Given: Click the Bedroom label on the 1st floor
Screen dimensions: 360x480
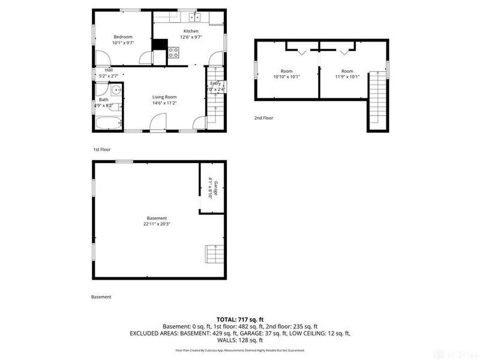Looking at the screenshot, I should click(x=122, y=37).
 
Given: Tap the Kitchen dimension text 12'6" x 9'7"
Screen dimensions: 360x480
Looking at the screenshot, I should click(x=191, y=37).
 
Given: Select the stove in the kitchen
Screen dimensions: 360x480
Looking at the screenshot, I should click(x=173, y=52).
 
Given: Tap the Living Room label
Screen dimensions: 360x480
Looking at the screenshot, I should click(x=164, y=97).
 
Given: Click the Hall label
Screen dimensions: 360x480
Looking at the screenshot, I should click(x=109, y=70).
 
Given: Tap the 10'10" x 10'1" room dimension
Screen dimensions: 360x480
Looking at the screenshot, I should click(x=286, y=77).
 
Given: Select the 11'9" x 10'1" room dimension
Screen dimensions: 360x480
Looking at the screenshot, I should click(x=347, y=77).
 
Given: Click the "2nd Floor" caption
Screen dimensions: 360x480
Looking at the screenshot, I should click(x=263, y=118).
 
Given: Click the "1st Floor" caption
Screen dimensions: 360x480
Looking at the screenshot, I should click(x=101, y=149).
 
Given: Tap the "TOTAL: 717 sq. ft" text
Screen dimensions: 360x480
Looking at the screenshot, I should click(x=240, y=320).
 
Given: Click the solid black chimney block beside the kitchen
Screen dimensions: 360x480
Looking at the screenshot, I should click(x=160, y=44).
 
